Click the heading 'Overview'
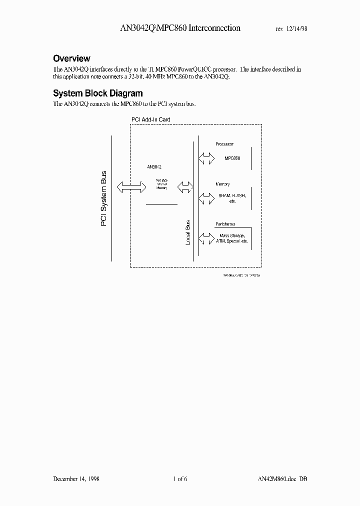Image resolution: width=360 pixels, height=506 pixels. point(71,58)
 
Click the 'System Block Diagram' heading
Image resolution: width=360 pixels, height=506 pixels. point(97,93)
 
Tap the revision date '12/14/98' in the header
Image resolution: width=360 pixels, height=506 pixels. point(296,29)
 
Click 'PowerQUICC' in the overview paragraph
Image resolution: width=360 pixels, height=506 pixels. point(203,69)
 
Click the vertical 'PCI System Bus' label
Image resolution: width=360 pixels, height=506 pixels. point(104,198)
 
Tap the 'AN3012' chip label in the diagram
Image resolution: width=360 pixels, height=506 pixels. point(154,166)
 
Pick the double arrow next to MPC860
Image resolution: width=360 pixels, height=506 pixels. point(205,158)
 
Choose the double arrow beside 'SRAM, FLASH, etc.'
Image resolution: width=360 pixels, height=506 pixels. point(205,198)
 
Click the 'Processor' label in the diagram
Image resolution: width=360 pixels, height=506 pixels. point(224,144)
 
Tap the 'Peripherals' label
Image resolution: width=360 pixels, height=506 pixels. point(226,224)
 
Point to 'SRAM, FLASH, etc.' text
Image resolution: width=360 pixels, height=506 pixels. point(232,198)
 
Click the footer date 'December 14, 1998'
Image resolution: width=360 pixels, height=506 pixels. point(76,479)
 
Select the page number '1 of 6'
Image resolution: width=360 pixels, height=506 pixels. point(179,479)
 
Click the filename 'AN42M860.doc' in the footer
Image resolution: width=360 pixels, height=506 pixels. point(272,479)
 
